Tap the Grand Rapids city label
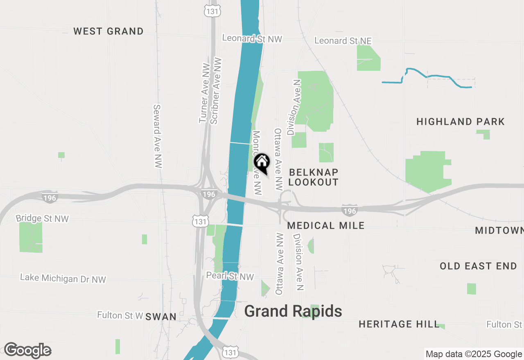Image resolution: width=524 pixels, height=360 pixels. (x=293, y=311)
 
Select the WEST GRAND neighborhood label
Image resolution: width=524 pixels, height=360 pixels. (x=108, y=32)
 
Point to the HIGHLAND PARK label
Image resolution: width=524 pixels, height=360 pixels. (x=461, y=122)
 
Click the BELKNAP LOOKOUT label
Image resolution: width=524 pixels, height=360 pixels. (x=313, y=177)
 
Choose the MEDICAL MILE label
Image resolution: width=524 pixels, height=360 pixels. (x=326, y=225)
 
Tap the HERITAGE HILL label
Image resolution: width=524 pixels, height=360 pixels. (x=399, y=324)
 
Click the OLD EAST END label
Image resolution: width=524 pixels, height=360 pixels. (x=478, y=266)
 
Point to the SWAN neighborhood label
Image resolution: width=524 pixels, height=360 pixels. (x=161, y=317)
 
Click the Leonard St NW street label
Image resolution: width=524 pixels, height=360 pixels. (x=252, y=38)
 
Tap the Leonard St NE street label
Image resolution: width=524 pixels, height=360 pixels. (x=343, y=40)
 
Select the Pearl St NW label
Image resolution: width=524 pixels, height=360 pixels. (x=230, y=277)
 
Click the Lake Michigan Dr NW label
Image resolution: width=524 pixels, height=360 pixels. (x=63, y=279)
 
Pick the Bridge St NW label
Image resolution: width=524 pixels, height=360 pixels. (x=42, y=218)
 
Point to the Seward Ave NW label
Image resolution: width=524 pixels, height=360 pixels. (x=158, y=136)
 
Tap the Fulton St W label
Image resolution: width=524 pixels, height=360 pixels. (x=120, y=315)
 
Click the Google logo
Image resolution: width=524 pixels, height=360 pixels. (x=28, y=350)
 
